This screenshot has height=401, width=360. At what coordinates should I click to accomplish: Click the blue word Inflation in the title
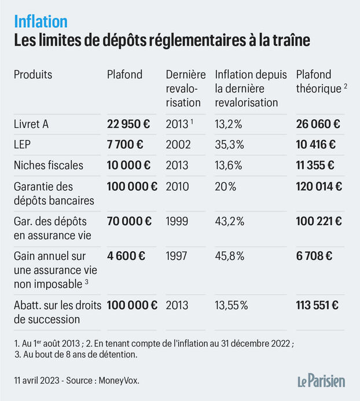point(41,21)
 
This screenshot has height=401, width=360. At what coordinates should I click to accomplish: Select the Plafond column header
point(124,75)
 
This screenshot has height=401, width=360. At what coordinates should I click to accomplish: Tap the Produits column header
point(33,75)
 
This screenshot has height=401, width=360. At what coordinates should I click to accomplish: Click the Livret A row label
point(32,124)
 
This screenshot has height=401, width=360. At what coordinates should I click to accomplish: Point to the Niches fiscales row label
point(48,165)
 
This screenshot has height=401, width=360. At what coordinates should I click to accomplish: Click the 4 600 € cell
point(125,255)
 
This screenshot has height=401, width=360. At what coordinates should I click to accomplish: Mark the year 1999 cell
point(177,220)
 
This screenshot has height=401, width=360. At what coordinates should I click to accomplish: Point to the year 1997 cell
point(177,255)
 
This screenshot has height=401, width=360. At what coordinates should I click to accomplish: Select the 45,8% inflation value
point(230,255)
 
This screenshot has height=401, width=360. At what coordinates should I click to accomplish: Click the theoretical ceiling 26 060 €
point(318,124)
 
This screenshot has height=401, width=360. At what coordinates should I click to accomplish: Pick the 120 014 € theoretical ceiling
point(319,186)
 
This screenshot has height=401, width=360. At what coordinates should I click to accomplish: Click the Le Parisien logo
point(321,380)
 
